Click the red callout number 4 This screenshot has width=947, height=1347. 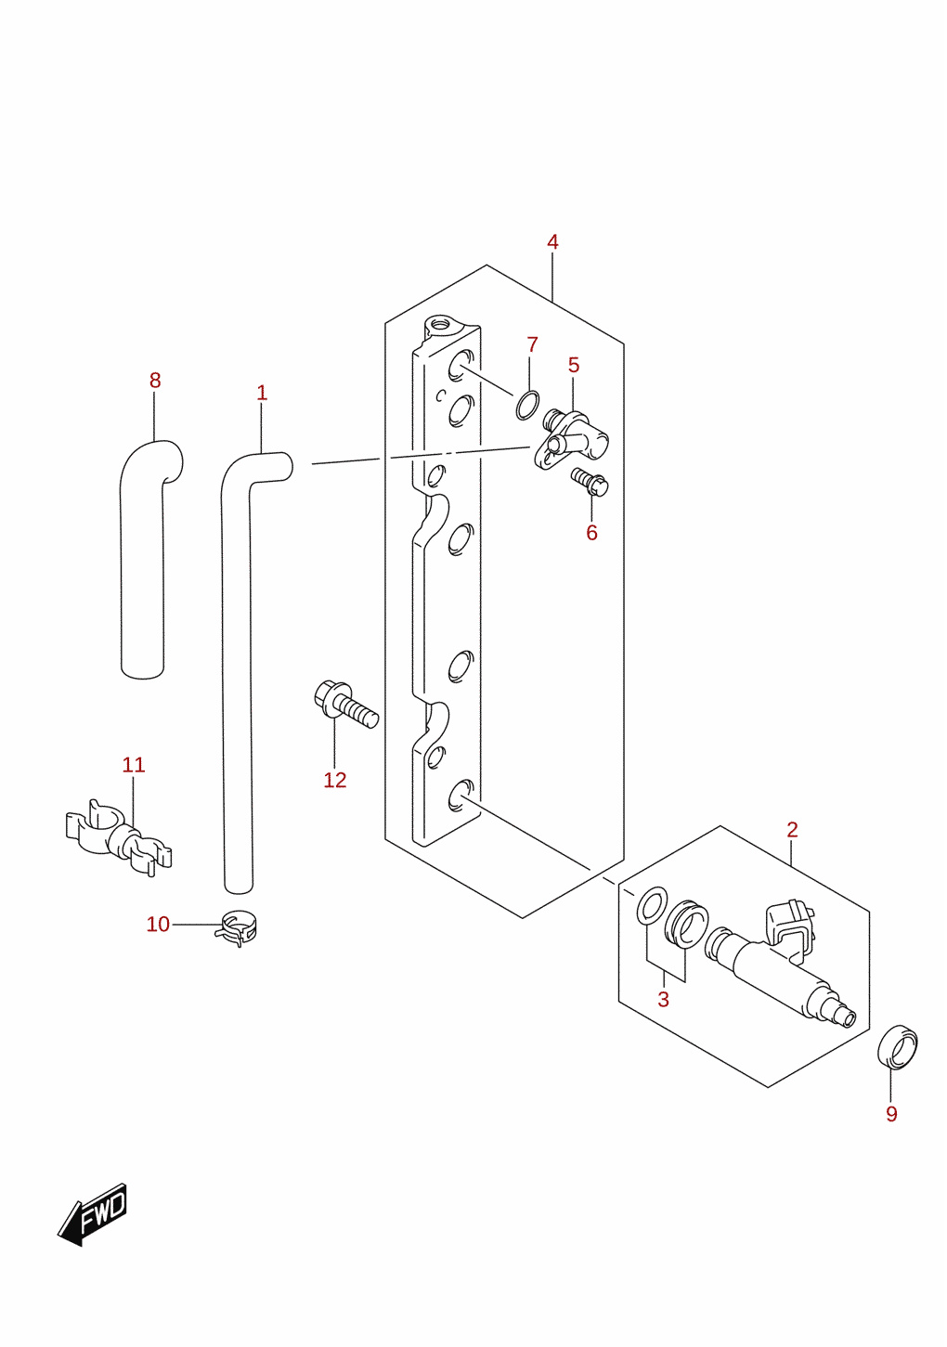pos(552,242)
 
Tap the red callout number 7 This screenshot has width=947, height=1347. pos(532,344)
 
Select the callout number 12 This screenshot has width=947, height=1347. pos(335,780)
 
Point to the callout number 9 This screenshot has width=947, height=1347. pos(891,1114)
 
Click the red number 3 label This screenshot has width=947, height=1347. pos(663,999)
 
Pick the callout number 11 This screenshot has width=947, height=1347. pos(134,765)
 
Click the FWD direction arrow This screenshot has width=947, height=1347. pos(93,1214)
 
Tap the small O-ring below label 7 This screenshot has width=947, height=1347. pos(527,406)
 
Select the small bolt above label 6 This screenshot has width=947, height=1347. pos(590,483)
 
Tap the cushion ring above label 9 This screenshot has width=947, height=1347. pos(897,1048)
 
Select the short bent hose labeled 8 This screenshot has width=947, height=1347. pos(142,559)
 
